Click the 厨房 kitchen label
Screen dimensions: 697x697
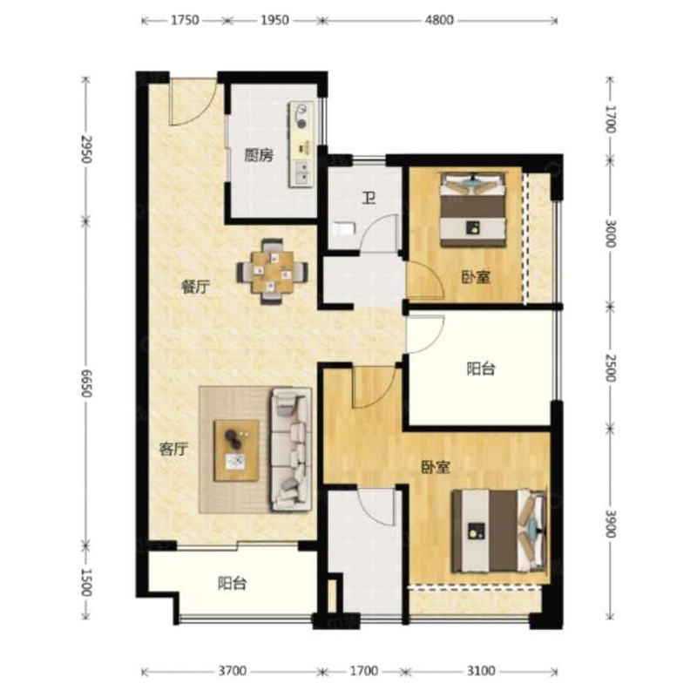pos(259,156)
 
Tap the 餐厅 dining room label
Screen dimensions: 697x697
pos(195,287)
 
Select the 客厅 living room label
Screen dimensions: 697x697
pos(173,450)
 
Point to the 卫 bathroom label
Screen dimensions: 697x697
pos(368,198)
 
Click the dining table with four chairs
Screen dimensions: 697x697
pos(272,272)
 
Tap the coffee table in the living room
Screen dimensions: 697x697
pos(236,450)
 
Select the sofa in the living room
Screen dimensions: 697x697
pos(291,450)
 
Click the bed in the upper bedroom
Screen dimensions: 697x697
pos(473,209)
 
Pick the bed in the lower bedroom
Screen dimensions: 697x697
pos(498,531)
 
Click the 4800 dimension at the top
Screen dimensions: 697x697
pos(439,20)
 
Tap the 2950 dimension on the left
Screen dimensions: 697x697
pos(86,149)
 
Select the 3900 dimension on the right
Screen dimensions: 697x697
pos(612,524)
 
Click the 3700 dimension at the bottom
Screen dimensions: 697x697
pos(232,670)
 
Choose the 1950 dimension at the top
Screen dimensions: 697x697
pos(274,20)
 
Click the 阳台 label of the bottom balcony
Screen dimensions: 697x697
pos(232,583)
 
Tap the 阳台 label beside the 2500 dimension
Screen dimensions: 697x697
pos(481,369)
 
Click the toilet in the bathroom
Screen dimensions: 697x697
pos(343,229)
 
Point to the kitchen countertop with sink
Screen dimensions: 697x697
pos(301,145)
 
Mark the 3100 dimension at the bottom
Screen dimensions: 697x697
pos(482,670)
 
